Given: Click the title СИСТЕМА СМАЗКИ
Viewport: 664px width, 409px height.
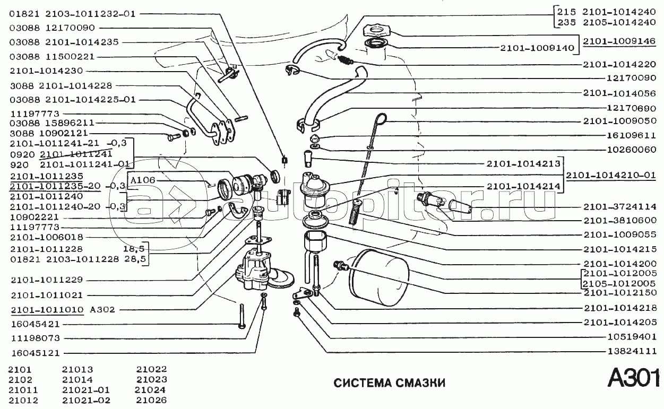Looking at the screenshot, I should pos(389,383).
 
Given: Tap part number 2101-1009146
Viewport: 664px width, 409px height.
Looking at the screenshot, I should pos(620,40).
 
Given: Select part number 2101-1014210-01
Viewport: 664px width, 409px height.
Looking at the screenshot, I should pos(610,175).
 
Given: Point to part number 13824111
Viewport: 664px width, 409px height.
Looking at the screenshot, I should pos(632,351).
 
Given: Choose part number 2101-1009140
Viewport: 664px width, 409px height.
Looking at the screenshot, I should pos(537,48).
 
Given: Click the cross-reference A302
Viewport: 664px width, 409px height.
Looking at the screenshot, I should pos(102,309).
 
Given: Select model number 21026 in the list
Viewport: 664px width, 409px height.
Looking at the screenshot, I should pos(151,400).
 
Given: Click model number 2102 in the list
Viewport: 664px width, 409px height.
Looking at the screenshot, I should pos(20,379).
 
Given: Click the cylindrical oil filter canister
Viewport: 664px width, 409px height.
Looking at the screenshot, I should pos(379,279).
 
